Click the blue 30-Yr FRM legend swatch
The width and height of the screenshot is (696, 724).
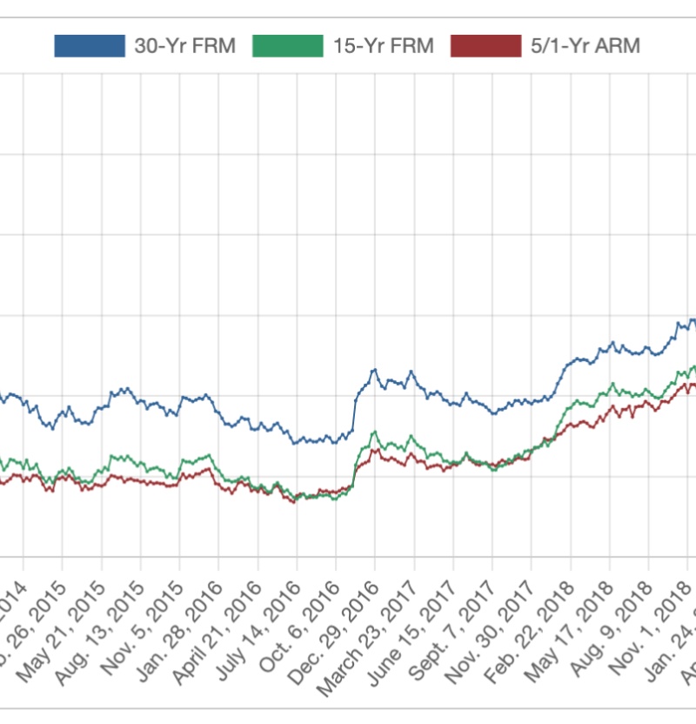(90, 45)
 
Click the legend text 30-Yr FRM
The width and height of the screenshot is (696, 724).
(184, 46)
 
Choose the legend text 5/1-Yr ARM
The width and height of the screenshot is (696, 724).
(585, 46)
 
